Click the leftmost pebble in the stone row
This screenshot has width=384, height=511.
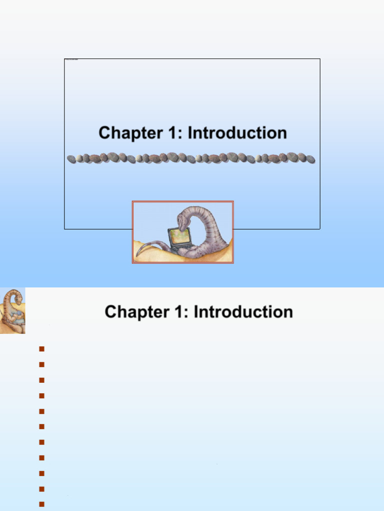(x=71, y=159)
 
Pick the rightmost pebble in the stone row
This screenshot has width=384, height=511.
(x=310, y=159)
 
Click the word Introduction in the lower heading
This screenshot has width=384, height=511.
(x=243, y=312)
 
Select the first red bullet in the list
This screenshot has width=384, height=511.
(x=41, y=349)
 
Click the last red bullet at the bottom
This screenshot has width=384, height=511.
(x=41, y=505)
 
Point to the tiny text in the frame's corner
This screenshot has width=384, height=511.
(x=71, y=60)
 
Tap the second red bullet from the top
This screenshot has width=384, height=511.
(x=41, y=364)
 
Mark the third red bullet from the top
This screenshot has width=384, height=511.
(x=41, y=380)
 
